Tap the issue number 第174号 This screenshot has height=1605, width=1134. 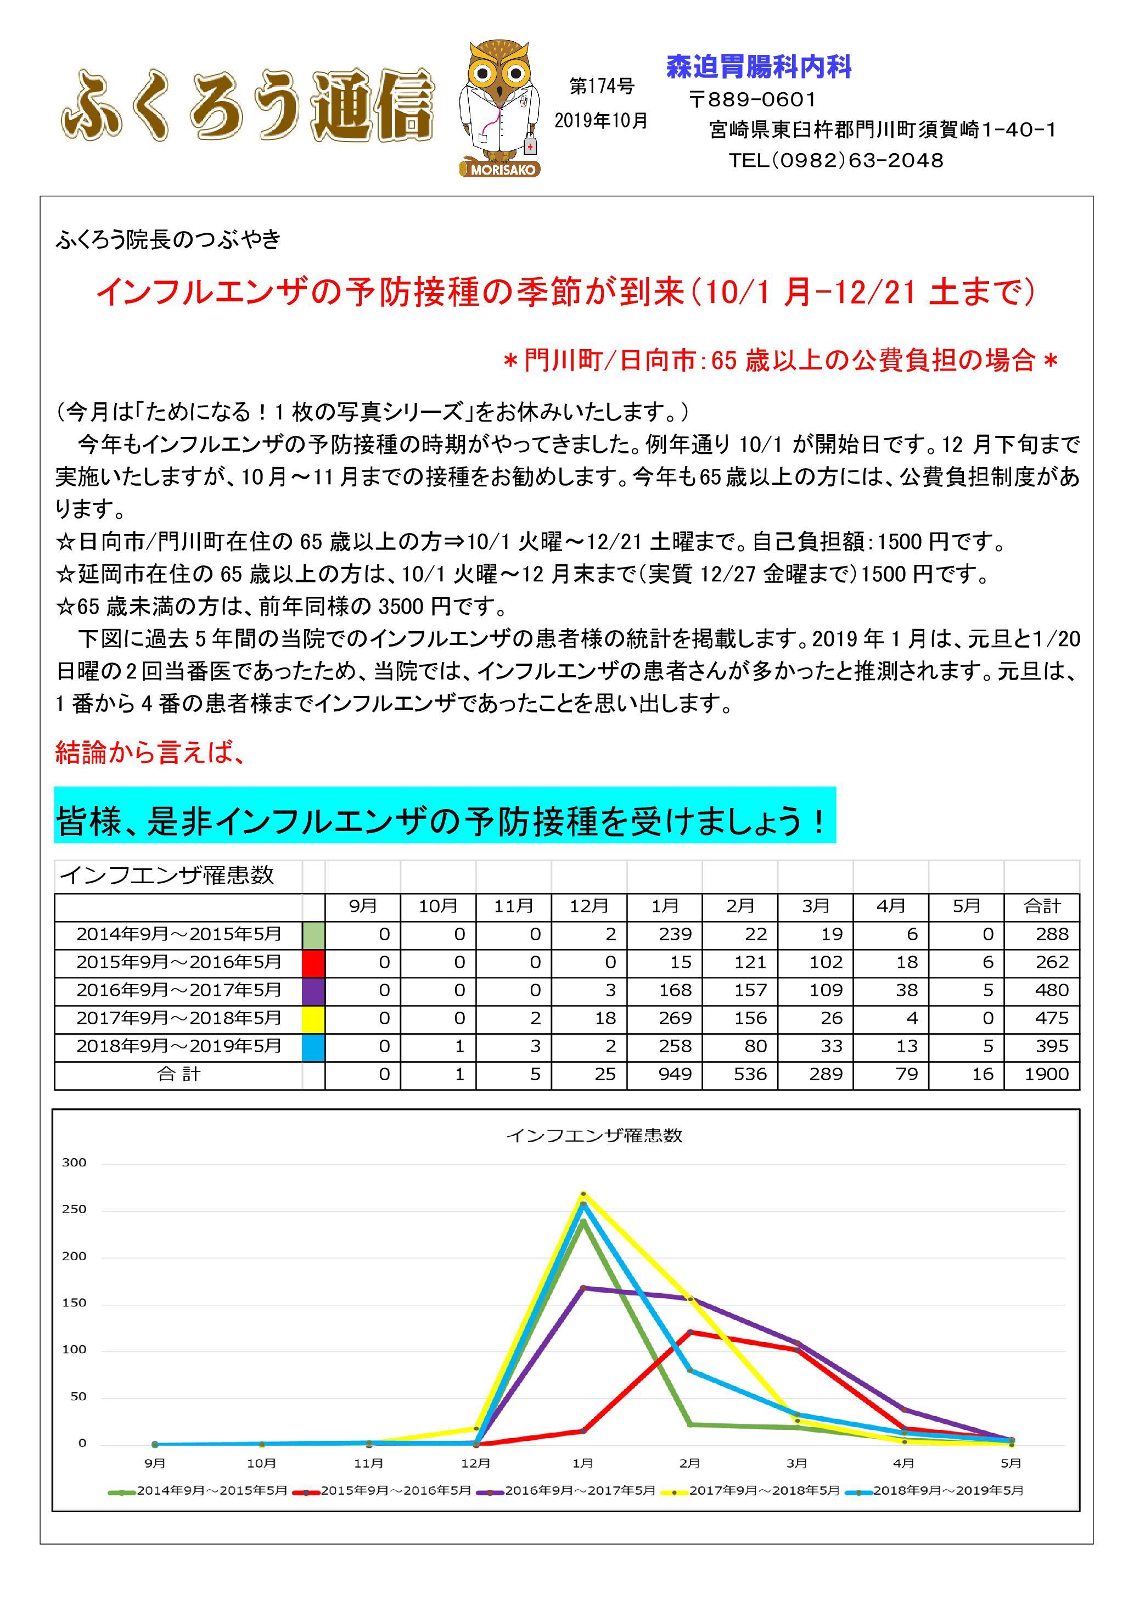click(601, 86)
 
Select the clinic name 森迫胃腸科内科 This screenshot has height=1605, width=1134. click(759, 67)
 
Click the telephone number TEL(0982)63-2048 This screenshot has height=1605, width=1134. click(836, 161)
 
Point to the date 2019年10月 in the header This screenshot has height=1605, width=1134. click(601, 121)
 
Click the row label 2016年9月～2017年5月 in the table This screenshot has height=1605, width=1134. click(179, 991)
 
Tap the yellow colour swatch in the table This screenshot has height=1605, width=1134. click(313, 1019)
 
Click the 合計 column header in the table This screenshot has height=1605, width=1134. click(1042, 907)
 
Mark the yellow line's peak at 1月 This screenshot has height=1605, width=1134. click(583, 1193)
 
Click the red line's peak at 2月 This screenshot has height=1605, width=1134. click(690, 1332)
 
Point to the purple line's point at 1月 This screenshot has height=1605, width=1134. click(583, 1288)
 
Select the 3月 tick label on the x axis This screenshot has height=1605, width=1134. click(796, 1463)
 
